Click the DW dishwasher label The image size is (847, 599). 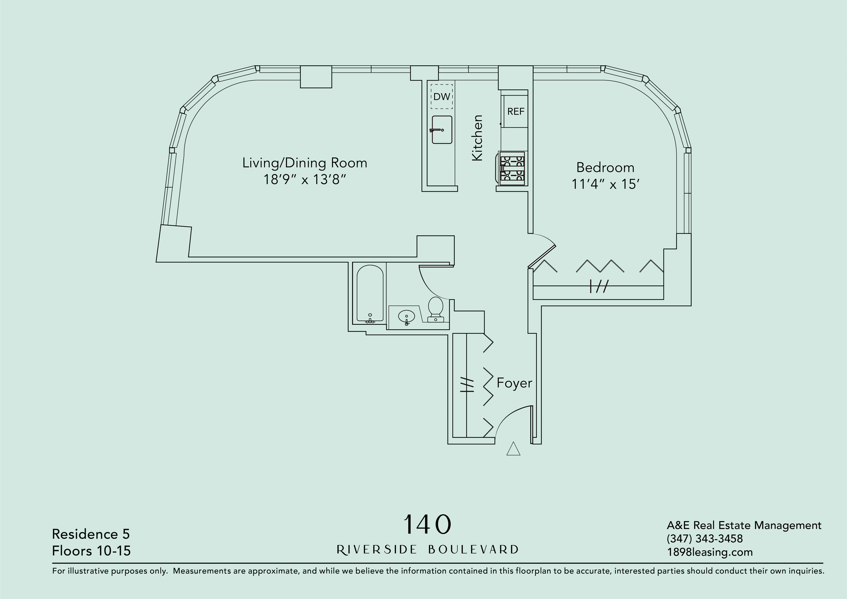441,97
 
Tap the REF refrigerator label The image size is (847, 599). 515,111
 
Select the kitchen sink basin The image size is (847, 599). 442,130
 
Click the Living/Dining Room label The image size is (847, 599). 305,163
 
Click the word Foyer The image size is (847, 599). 514,383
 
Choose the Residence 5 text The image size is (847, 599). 91,534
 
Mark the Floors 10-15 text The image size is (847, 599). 91,551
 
